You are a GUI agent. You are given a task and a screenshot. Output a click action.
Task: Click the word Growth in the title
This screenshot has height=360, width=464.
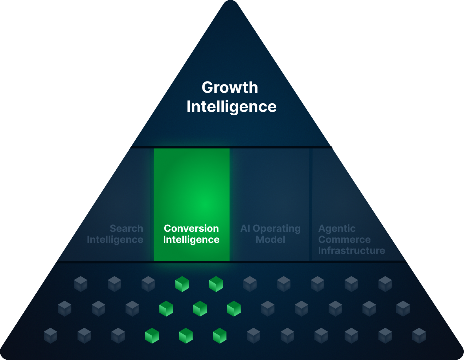[x=230, y=88]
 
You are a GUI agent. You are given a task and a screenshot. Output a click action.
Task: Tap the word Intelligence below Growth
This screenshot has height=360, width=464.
[x=231, y=107]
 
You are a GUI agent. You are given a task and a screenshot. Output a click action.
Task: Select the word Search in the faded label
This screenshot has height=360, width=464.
[x=126, y=228]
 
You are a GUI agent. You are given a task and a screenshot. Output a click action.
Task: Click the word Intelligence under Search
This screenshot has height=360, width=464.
[x=115, y=239]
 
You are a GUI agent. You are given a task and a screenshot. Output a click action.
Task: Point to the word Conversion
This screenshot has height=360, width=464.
[x=191, y=228]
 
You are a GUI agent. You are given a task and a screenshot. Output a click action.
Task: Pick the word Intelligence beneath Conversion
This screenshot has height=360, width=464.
[x=191, y=239]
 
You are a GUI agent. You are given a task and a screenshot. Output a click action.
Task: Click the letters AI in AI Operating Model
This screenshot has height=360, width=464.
[x=245, y=228]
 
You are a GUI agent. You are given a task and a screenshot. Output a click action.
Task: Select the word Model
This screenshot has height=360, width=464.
[x=270, y=239]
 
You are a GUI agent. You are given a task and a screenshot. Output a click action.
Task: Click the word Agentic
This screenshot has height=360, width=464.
[x=337, y=229]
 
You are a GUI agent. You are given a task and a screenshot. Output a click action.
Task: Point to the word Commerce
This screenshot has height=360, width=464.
[x=344, y=239]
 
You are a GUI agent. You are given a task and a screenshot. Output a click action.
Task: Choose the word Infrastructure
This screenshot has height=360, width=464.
[x=351, y=251]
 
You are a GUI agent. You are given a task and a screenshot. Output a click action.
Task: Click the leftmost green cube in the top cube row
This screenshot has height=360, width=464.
[x=182, y=284]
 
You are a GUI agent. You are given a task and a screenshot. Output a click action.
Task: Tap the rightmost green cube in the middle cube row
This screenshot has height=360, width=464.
[x=234, y=308]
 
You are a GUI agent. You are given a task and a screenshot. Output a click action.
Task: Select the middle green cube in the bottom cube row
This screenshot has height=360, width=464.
[x=186, y=335]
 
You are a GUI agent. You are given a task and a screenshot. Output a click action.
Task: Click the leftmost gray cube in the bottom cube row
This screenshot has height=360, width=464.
[x=50, y=335]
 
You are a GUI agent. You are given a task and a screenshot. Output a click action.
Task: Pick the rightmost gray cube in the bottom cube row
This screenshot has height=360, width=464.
[x=419, y=335]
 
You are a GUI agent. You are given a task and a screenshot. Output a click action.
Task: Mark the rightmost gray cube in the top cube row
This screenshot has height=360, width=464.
[x=385, y=284]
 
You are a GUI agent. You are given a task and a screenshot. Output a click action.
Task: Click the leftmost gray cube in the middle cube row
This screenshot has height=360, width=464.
[x=65, y=308]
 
